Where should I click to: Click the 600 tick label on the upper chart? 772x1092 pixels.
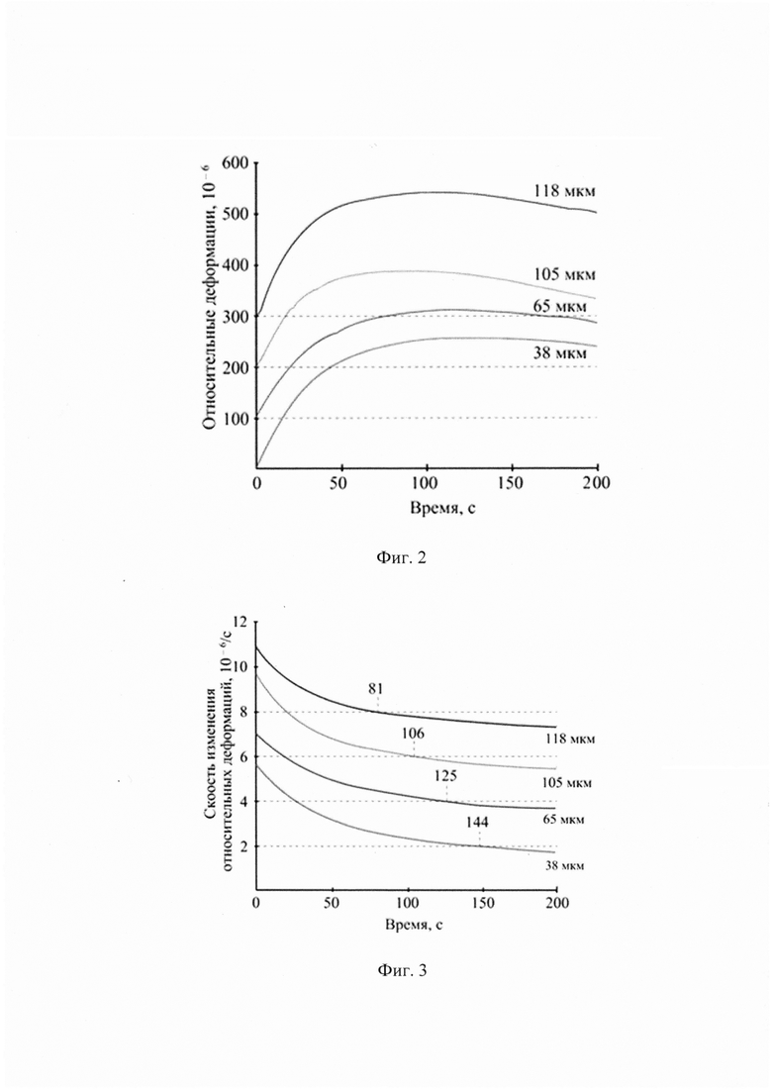235,163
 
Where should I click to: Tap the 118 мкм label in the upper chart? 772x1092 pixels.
564,191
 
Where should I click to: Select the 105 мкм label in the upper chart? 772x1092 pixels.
564,274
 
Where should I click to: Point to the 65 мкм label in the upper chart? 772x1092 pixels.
559,306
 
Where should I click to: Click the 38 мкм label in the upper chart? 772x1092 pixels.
559,353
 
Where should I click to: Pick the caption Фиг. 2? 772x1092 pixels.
401,557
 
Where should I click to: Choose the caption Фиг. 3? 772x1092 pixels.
402,970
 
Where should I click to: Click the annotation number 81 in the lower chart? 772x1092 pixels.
376,689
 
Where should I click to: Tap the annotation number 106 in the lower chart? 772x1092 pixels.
413,733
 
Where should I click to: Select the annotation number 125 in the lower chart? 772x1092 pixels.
445,776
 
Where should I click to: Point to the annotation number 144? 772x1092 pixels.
477,822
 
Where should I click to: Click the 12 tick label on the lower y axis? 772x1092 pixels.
241,622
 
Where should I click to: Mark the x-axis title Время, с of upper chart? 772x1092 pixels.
442,508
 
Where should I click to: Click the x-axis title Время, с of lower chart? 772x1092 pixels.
414,925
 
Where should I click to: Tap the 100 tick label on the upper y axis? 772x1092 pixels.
236,419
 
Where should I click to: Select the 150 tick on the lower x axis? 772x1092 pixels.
482,903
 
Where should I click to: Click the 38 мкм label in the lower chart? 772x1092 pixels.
564,865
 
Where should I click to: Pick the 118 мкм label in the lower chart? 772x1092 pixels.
570,739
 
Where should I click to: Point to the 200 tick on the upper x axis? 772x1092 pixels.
597,482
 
